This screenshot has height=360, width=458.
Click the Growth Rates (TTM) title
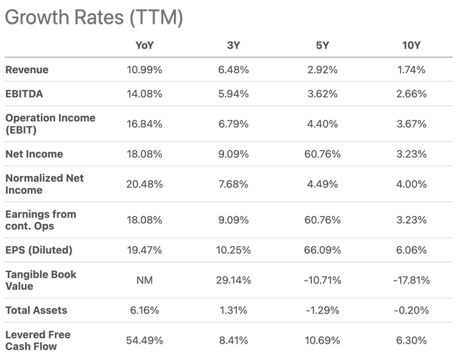(94, 17)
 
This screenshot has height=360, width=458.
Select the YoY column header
(145, 45)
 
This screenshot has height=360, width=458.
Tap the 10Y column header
(411, 45)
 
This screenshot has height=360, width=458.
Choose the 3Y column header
(233, 45)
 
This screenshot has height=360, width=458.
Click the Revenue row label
(27, 69)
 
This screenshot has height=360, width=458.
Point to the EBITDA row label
(24, 94)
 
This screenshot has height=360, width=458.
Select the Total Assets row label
(36, 310)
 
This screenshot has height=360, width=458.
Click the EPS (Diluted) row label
(39, 250)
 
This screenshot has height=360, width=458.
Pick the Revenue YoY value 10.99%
(145, 69)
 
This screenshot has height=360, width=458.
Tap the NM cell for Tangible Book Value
(145, 281)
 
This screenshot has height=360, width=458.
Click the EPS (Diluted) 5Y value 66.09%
(322, 250)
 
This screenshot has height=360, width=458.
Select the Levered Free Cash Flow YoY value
(145, 341)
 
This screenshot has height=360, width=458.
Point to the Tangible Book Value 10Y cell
(411, 281)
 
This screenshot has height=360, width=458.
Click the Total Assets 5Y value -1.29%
(323, 310)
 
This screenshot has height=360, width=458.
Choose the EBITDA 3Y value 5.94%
(233, 94)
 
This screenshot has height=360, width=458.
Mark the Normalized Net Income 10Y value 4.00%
(411, 184)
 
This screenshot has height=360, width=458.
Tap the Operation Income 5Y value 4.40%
(323, 124)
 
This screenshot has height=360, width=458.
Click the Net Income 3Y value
(233, 154)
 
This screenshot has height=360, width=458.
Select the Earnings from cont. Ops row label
(41, 220)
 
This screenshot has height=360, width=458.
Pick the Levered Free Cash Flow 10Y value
(411, 341)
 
